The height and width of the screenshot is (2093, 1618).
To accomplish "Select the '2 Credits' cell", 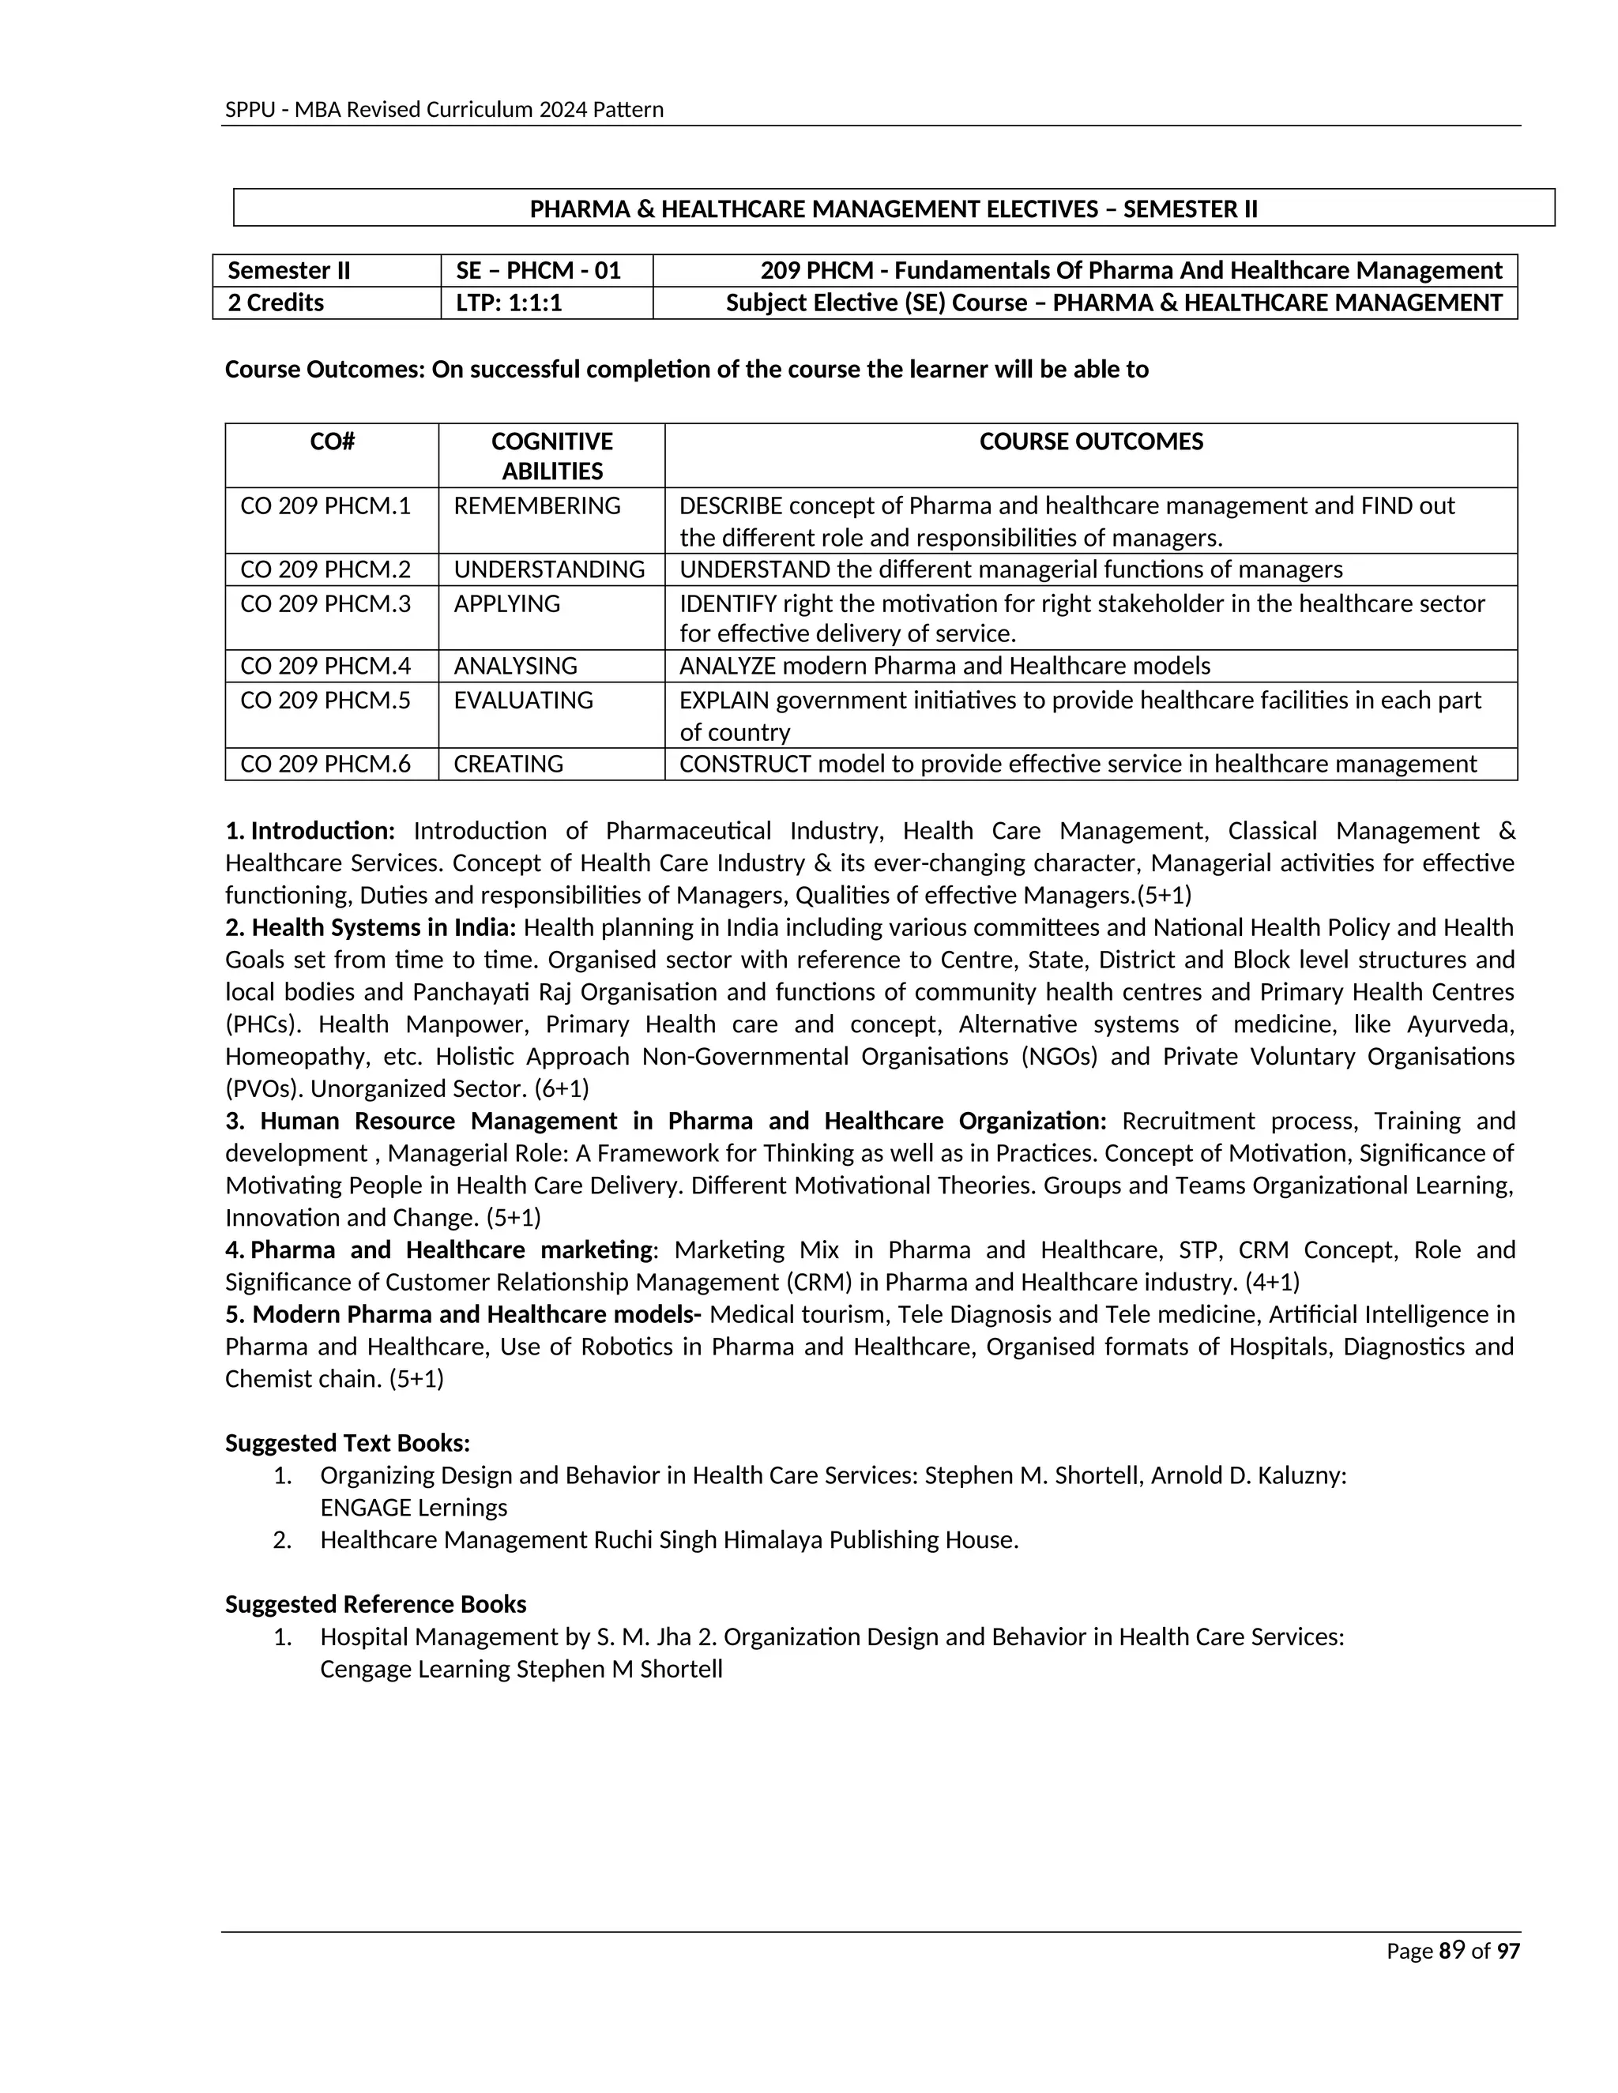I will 276,302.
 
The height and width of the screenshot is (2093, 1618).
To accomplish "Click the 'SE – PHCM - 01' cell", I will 539,270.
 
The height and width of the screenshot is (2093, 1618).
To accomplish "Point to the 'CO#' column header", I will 332,442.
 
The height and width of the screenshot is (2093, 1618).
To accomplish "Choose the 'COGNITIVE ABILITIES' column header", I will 551,457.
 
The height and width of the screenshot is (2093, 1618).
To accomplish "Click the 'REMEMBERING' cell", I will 536,506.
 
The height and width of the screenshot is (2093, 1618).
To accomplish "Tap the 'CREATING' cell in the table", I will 508,764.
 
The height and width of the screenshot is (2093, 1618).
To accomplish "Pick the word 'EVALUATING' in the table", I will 523,701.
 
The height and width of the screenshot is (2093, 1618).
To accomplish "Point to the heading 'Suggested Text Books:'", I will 347,1443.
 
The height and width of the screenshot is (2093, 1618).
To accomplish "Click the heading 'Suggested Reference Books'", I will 374,1604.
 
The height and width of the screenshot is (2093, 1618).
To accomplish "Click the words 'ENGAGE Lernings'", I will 413,1508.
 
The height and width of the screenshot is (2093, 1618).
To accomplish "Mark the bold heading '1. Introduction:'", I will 310,831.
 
